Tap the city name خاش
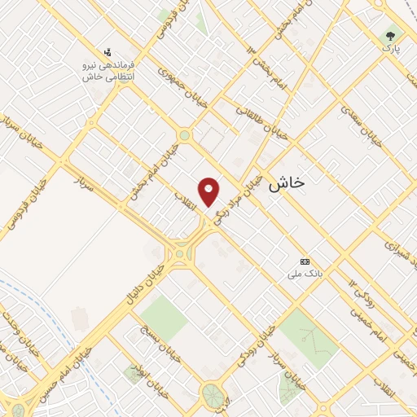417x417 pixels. pyautogui.click(x=286, y=183)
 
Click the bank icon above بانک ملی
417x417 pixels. pyautogui.click(x=305, y=261)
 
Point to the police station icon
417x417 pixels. pyautogui.click(x=108, y=53)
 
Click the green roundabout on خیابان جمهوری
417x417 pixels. pyautogui.click(x=185, y=135)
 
